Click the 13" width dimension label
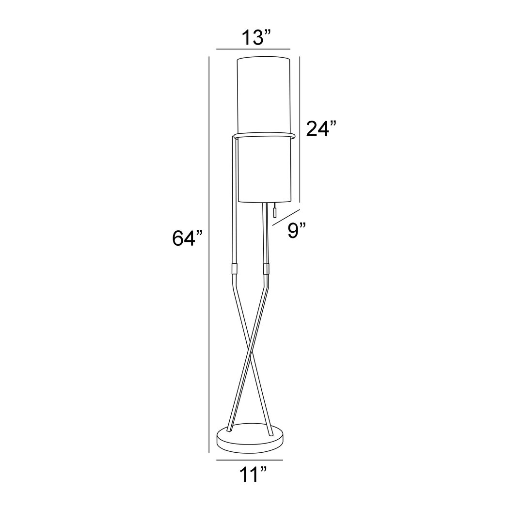pyautogui.click(x=254, y=37)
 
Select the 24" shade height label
pyautogui.click(x=321, y=129)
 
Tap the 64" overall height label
pyautogui.click(x=187, y=239)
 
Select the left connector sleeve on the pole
pyautogui.click(x=234, y=269)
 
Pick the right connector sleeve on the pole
pyautogui.click(x=266, y=269)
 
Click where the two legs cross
pyautogui.click(x=250, y=350)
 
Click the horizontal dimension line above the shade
pyautogui.click(x=253, y=49)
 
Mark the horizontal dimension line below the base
pyautogui.click(x=249, y=460)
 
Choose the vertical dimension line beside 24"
pyautogui.click(x=300, y=129)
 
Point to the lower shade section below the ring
pyautogui.click(x=264, y=170)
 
